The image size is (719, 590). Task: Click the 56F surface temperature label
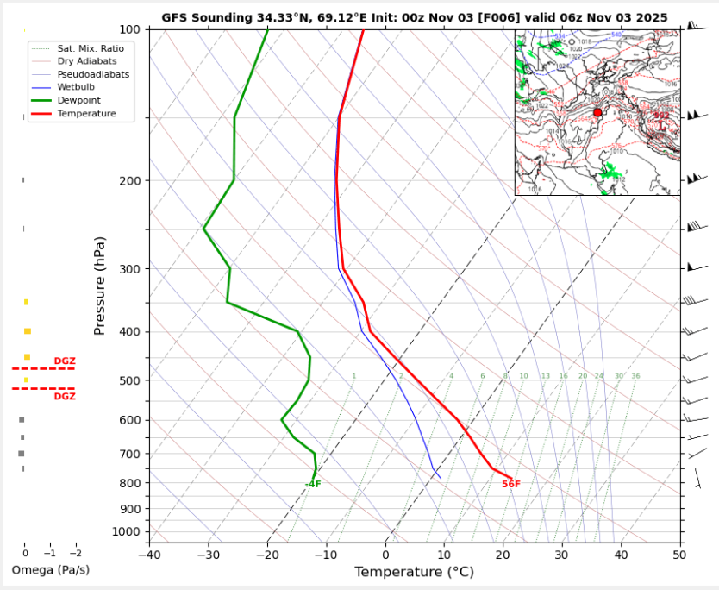511,485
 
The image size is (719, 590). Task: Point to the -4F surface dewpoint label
313,485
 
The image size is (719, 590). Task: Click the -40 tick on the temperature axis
149,554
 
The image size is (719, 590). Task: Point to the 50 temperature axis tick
679,554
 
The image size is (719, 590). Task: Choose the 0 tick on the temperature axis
385,554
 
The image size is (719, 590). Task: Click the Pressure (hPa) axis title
101,285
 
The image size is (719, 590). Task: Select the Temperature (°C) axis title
414,572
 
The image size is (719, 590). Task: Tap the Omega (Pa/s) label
50,570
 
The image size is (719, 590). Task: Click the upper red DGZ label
65,361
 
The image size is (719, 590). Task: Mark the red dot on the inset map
597,113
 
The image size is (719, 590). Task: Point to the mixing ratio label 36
635,376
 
